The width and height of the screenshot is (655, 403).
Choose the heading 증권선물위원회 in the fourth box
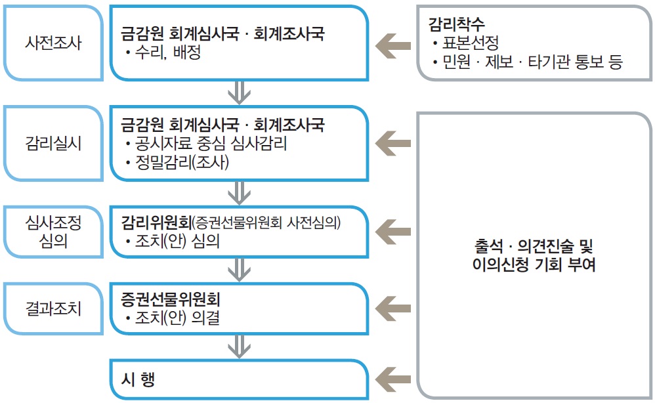(170, 299)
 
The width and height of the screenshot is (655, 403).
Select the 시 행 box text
(138, 379)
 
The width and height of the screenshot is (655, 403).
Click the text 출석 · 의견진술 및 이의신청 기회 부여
(532, 257)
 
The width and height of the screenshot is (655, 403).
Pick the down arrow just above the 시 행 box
(239, 345)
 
